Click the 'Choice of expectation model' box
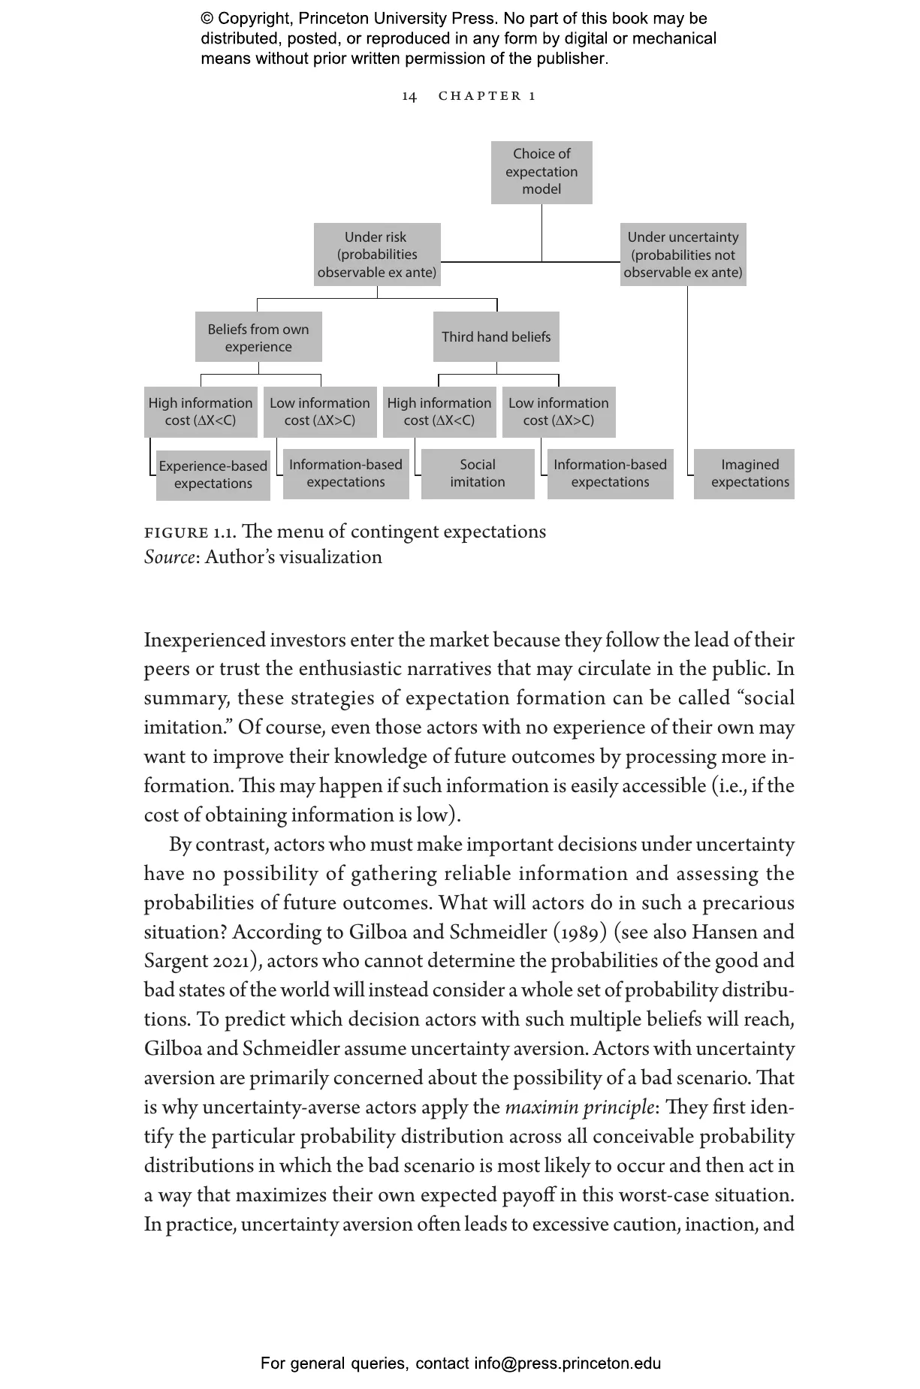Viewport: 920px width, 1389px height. pyautogui.click(x=541, y=172)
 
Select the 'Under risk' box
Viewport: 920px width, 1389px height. pyautogui.click(x=376, y=255)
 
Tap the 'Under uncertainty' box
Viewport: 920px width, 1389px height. pyautogui.click(x=683, y=255)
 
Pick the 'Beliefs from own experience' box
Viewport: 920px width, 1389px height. pyautogui.click(x=258, y=337)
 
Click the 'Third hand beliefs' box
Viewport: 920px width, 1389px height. pyautogui.click(x=496, y=336)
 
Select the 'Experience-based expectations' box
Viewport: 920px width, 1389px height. pyautogui.click(x=213, y=475)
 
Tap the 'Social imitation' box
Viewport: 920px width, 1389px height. pyautogui.click(x=478, y=474)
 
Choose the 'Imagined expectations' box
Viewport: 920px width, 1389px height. pyautogui.click(x=750, y=474)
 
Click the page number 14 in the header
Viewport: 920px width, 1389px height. pyautogui.click(x=409, y=96)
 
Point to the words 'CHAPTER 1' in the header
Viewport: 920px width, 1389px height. pyautogui.click(x=487, y=96)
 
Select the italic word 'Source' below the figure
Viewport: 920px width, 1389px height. pyautogui.click(x=169, y=558)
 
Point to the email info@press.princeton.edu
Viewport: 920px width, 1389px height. pyautogui.click(x=567, y=1363)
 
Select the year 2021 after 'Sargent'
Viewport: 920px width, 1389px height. pyautogui.click(x=231, y=962)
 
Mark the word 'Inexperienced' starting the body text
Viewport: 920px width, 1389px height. pyautogui.click(x=204, y=640)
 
